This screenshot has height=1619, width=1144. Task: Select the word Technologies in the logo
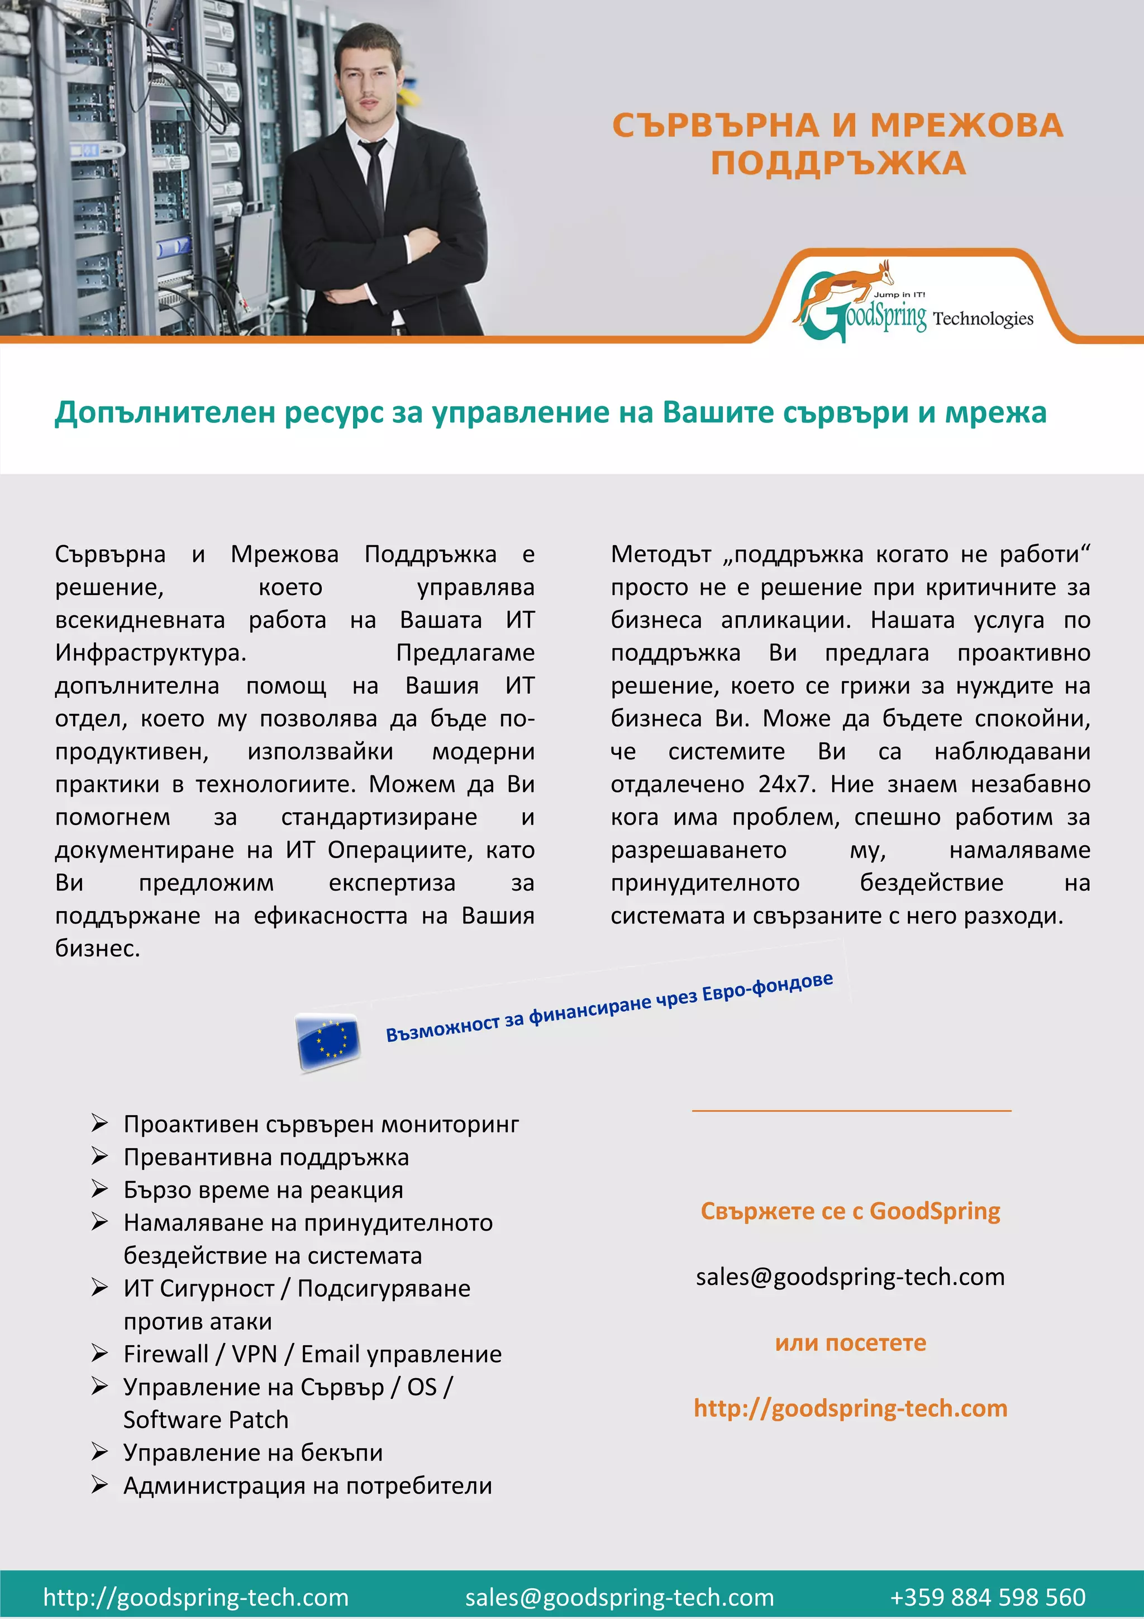pos(983,319)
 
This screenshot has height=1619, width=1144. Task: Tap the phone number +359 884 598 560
pos(987,1597)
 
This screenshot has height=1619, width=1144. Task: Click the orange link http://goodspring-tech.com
pos(850,1408)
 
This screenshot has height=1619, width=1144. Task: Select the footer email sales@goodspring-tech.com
pos(619,1597)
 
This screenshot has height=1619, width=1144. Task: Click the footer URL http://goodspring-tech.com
pos(196,1597)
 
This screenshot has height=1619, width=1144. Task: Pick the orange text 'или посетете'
pos(850,1342)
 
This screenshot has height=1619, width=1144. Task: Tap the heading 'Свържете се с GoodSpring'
pos(850,1211)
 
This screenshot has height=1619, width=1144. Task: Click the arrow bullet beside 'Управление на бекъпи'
pos(99,1452)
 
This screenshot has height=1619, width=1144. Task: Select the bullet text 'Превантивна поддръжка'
pos(266,1157)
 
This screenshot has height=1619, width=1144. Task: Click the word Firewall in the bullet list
pos(166,1354)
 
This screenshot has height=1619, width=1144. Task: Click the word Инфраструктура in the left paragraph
pos(150,653)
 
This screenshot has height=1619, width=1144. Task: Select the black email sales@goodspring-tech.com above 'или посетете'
pos(850,1277)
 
